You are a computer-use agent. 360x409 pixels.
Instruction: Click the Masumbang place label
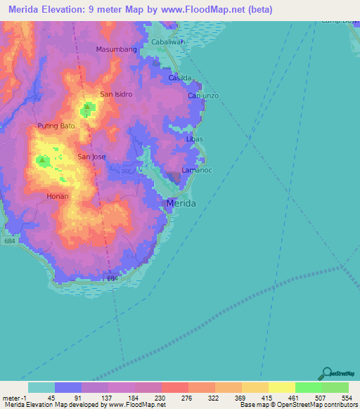[116, 49]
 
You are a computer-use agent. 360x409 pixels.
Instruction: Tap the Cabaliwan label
[168, 42]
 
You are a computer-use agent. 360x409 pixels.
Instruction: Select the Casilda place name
[180, 78]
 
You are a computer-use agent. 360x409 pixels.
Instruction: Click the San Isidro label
[116, 93]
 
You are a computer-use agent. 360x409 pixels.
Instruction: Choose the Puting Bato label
[56, 126]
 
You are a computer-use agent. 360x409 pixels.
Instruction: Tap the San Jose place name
[91, 157]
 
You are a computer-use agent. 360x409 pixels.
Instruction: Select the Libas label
[195, 140]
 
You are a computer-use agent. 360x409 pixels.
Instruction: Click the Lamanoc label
[196, 171]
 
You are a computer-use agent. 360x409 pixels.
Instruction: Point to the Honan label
[58, 196]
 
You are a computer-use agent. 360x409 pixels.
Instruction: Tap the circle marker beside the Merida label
[165, 204]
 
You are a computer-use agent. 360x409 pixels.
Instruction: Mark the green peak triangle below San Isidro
[87, 108]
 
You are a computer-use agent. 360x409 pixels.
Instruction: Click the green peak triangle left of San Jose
[43, 161]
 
